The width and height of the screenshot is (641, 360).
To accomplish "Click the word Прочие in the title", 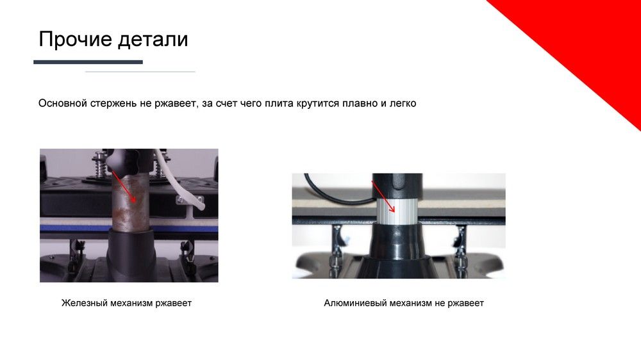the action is pos(75,39).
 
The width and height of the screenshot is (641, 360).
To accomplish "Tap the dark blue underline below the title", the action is pos(88,62).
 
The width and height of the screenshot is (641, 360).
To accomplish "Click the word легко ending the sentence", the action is pos(403,103).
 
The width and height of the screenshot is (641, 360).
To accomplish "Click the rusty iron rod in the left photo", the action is pos(129,200).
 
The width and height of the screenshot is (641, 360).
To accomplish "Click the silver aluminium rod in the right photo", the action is pos(396,211).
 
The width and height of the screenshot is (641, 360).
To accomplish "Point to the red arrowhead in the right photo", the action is pos(392,209).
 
